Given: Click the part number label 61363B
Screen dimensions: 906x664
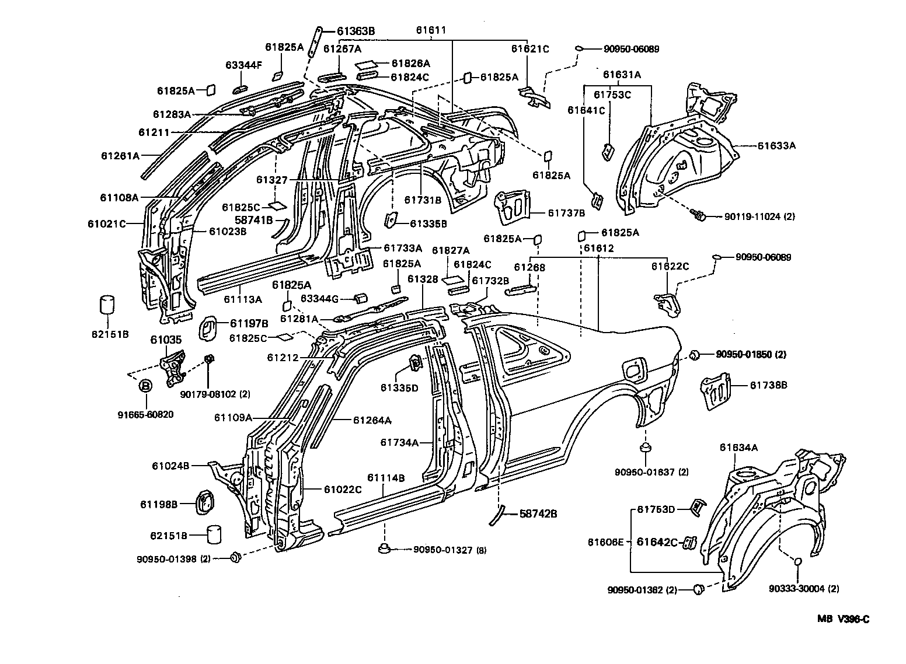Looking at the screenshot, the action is [x=355, y=32].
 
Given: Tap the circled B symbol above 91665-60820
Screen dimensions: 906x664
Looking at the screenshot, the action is [x=145, y=386].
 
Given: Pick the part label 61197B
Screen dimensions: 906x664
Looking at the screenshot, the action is [x=248, y=323].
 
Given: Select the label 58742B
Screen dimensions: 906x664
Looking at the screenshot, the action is [x=538, y=513].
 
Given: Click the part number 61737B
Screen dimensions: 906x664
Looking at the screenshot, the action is [x=566, y=213].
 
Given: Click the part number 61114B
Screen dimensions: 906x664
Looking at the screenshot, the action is [x=386, y=478].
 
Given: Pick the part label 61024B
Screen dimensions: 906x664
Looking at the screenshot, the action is [x=170, y=466].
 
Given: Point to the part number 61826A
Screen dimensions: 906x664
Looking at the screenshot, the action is [x=410, y=63].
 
